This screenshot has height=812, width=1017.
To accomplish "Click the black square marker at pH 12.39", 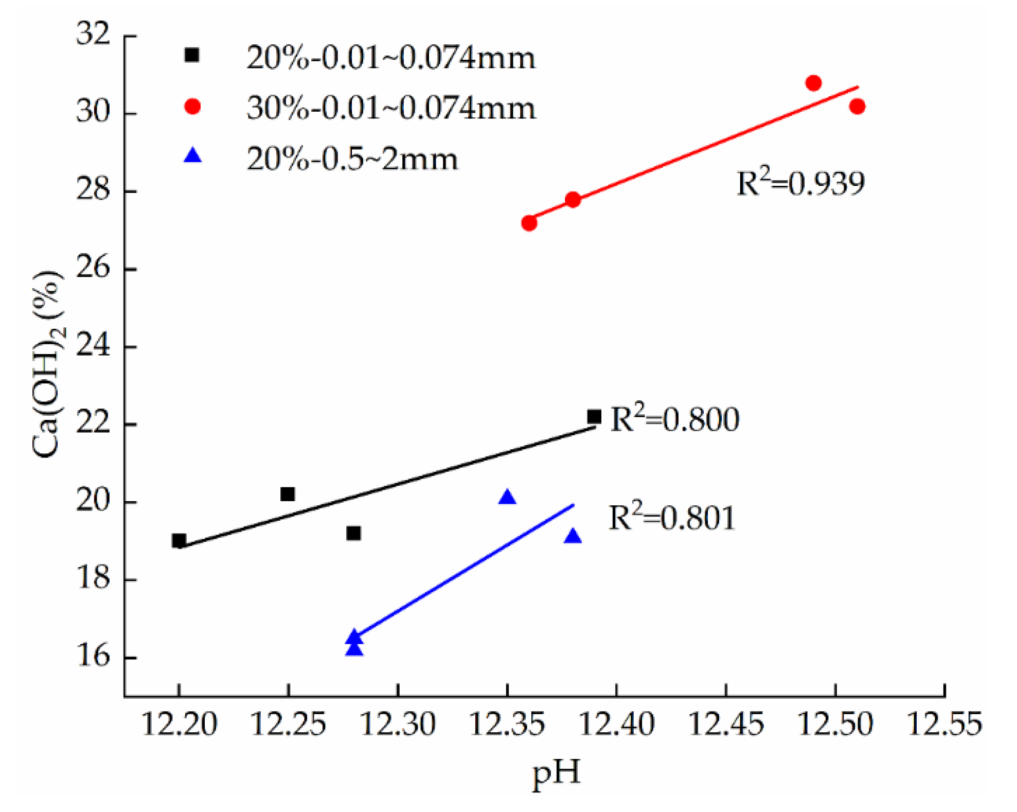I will (594, 417).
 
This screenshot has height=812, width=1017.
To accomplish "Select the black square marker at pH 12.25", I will (288, 494).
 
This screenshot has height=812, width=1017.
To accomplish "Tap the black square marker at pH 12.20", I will (179, 541).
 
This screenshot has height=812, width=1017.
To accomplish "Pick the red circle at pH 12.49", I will (813, 83).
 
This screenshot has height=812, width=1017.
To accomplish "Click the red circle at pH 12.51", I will (857, 107).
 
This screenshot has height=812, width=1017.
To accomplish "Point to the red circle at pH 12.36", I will (529, 223).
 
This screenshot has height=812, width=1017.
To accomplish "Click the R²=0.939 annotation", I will (800, 183).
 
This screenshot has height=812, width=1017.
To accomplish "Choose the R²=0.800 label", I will (674, 419).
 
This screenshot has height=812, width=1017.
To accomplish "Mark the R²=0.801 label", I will (672, 518).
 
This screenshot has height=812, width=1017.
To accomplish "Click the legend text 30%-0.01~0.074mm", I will (391, 109).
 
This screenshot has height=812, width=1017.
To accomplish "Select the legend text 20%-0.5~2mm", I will (352, 159).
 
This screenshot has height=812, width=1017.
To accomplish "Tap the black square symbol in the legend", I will (192, 55).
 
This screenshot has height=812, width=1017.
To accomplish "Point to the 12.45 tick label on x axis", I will (725, 724).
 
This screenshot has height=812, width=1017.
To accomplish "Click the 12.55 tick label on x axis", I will (944, 724).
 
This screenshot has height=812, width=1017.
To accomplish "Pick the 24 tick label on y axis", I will (93, 346).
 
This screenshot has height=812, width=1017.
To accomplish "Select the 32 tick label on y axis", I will (93, 35).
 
